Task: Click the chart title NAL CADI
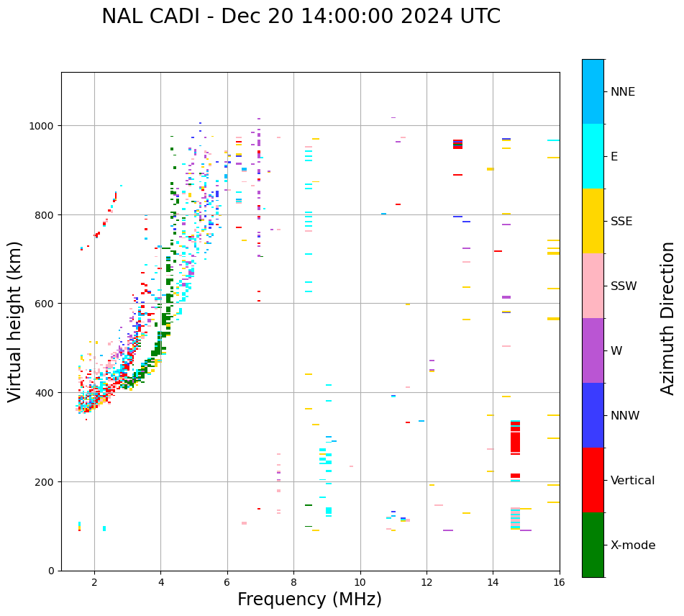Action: pos(301,17)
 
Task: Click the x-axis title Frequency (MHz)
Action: pos(309,599)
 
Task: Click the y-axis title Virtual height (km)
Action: pos(15,321)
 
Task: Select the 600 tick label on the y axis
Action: pos(45,304)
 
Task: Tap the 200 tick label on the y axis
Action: pos(45,481)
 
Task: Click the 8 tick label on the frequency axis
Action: pos(293,582)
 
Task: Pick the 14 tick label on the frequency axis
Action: pos(493,582)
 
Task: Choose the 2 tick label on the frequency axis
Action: pos(94,582)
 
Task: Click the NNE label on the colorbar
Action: pos(623,91)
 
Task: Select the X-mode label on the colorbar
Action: pos(633,545)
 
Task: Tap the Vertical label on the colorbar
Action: pos(633,480)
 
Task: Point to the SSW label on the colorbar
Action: pos(624,286)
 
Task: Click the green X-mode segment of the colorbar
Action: pos(593,545)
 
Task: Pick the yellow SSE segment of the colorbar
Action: pos(593,221)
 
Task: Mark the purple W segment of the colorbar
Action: pos(593,350)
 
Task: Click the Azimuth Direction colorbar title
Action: pos(668,318)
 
